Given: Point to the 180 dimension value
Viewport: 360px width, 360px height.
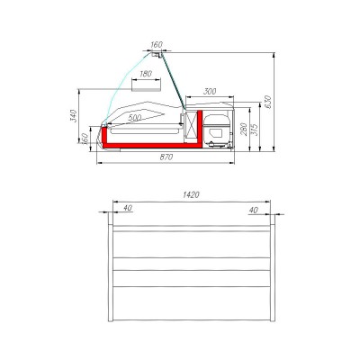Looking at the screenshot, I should (x=145, y=75).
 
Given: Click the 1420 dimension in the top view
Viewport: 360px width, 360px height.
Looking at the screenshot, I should (x=190, y=193).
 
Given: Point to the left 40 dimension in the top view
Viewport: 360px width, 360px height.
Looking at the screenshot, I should (x=127, y=209).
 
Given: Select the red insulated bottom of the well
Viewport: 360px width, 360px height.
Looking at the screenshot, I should (x=148, y=141).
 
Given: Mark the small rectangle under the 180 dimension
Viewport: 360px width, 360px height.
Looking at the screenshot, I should (x=145, y=87).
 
